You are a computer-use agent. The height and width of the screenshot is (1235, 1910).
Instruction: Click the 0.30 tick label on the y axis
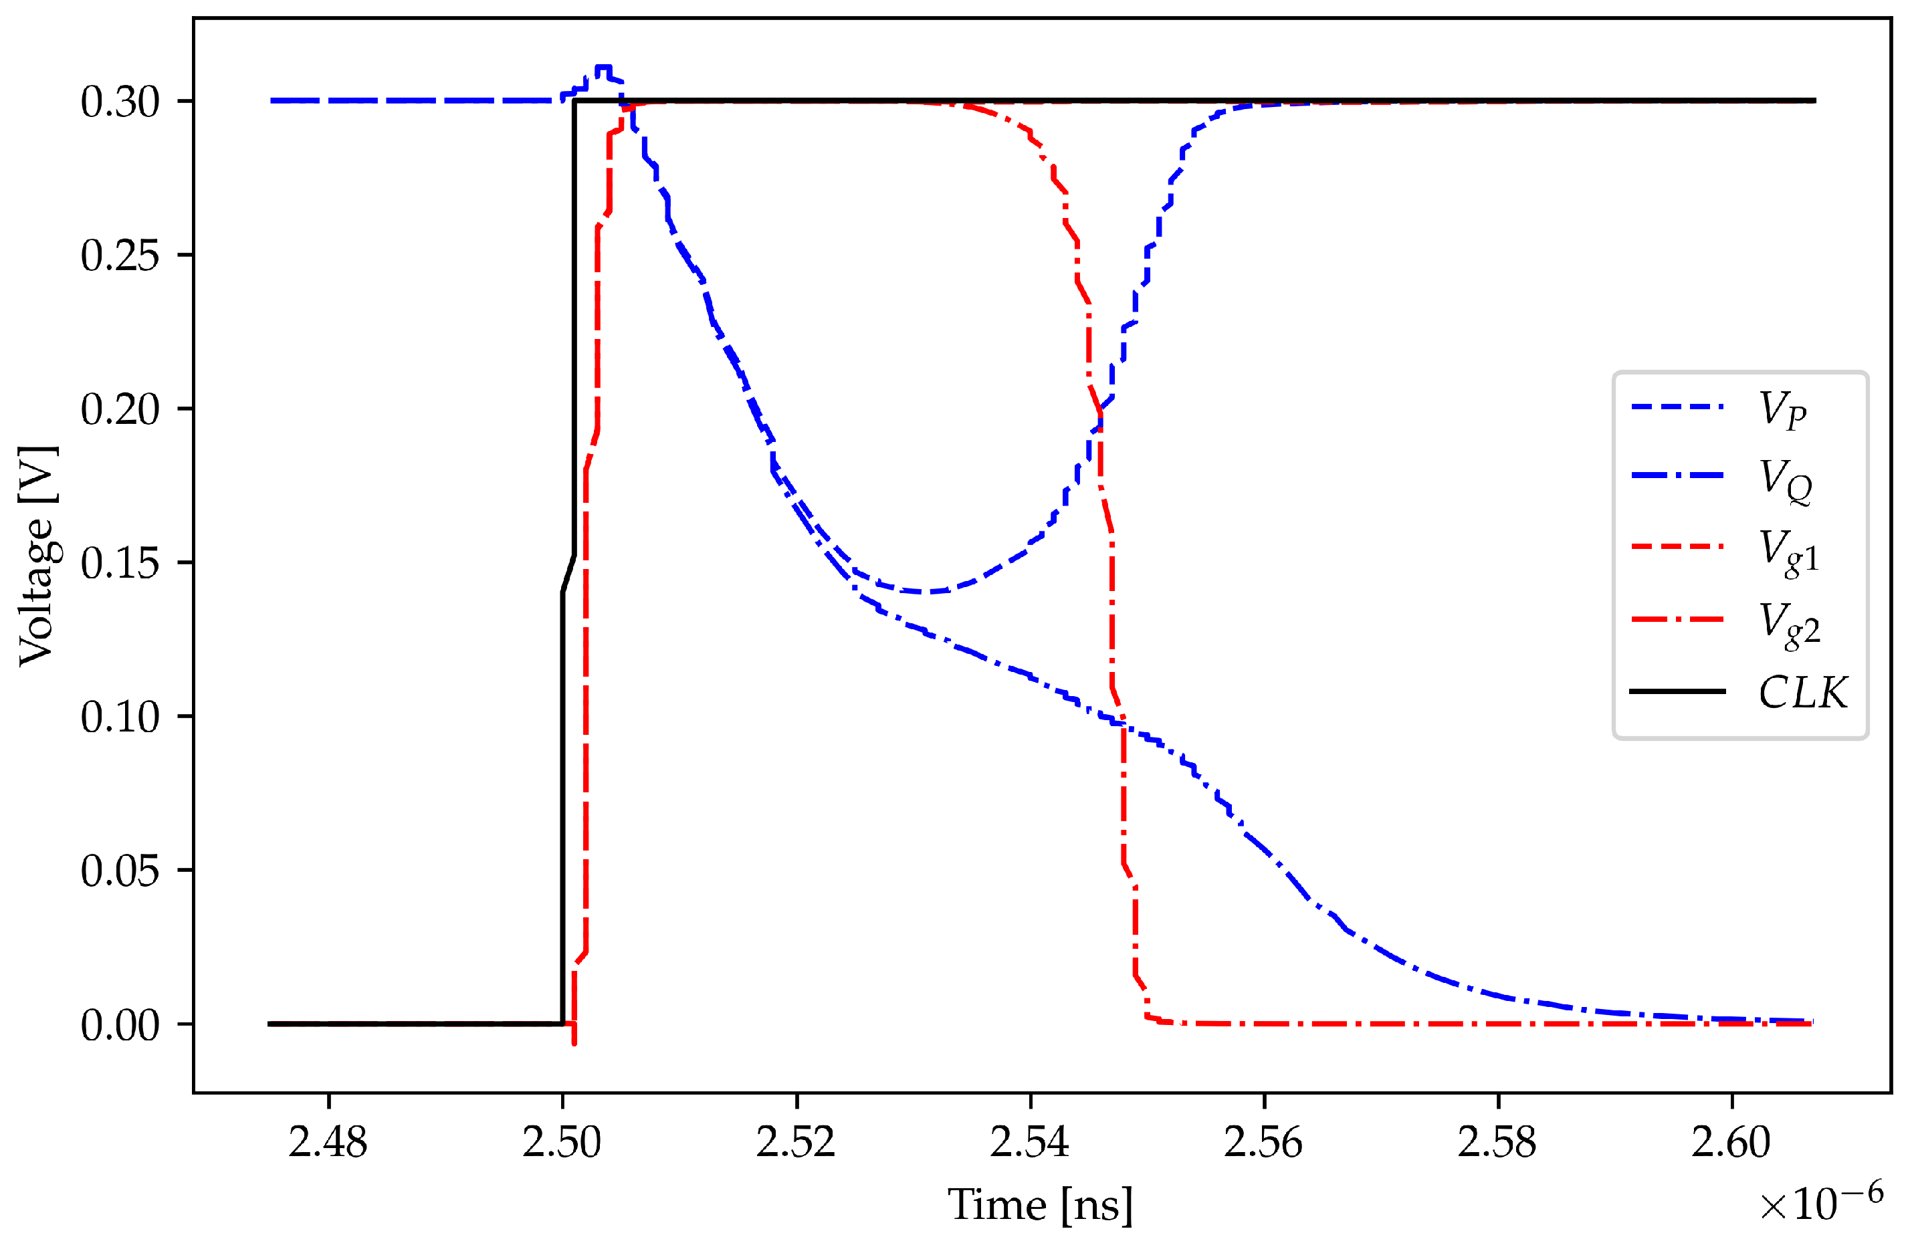pyautogui.click(x=120, y=102)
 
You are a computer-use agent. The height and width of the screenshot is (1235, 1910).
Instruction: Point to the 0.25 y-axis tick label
pyautogui.click(x=120, y=256)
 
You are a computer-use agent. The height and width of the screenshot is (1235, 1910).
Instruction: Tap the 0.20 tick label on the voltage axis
pyautogui.click(x=120, y=410)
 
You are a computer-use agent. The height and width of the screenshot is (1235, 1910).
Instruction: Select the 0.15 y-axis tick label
pyautogui.click(x=120, y=564)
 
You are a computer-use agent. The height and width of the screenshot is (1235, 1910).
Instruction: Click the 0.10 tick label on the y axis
pyautogui.click(x=120, y=717)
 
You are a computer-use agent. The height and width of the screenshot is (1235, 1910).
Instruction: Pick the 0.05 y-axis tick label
pyautogui.click(x=120, y=871)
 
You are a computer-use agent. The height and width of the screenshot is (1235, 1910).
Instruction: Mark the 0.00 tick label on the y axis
pyautogui.click(x=120, y=1025)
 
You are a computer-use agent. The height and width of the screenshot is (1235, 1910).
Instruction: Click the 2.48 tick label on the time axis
pyautogui.click(x=328, y=1142)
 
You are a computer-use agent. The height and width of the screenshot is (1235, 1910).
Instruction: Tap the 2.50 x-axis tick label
pyautogui.click(x=562, y=1142)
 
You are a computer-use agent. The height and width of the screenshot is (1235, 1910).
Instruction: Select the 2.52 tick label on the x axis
pyautogui.click(x=797, y=1142)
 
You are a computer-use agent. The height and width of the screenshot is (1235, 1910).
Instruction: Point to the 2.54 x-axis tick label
pyautogui.click(x=1030, y=1142)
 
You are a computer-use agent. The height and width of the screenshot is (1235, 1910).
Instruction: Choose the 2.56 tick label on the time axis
pyautogui.click(x=1264, y=1142)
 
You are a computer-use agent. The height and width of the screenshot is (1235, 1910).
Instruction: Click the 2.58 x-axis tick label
pyautogui.click(x=1497, y=1142)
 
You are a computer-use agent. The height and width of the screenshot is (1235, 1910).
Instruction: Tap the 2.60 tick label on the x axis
pyautogui.click(x=1731, y=1142)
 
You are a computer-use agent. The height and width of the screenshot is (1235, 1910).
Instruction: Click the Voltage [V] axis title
pyautogui.click(x=37, y=556)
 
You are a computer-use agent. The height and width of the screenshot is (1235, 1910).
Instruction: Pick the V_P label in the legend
pyautogui.click(x=1782, y=409)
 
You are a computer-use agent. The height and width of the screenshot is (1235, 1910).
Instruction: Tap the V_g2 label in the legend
pyautogui.click(x=1789, y=624)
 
